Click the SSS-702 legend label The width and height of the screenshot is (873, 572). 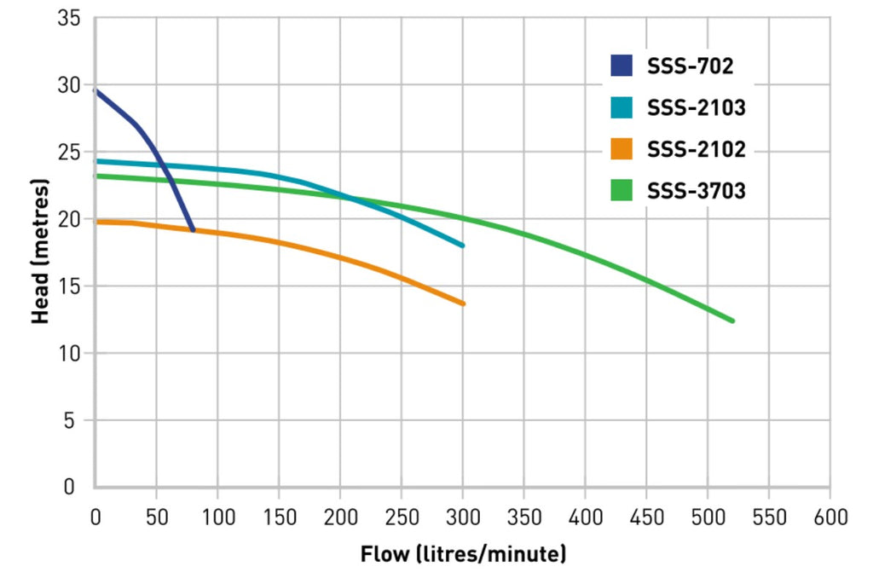coord(690,66)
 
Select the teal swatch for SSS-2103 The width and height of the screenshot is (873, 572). coord(622,107)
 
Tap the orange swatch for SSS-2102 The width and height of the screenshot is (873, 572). coord(622,148)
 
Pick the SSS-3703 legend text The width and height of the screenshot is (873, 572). coord(696,190)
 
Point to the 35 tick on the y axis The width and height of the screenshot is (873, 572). coord(69,18)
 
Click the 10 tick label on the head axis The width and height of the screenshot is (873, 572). coord(69,353)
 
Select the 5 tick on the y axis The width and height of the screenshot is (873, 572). coord(69,420)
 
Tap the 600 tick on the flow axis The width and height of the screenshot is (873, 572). coord(830,517)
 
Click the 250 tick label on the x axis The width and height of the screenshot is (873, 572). coord(402,517)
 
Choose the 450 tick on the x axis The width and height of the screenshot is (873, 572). coord(646,517)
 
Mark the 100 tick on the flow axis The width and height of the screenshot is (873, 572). coord(217,517)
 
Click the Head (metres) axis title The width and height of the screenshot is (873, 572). coord(40,251)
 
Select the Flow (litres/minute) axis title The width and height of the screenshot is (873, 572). coord(463,554)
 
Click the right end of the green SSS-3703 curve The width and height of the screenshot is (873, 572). coord(732,321)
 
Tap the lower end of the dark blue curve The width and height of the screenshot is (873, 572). coord(193,229)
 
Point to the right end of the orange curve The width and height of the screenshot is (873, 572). coord(463,303)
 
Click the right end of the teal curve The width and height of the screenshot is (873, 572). coord(462,245)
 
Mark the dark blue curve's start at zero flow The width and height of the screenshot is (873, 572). coord(95,90)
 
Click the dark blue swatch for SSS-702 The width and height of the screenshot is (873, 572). coord(622,66)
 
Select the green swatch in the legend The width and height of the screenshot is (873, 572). coord(622,190)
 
